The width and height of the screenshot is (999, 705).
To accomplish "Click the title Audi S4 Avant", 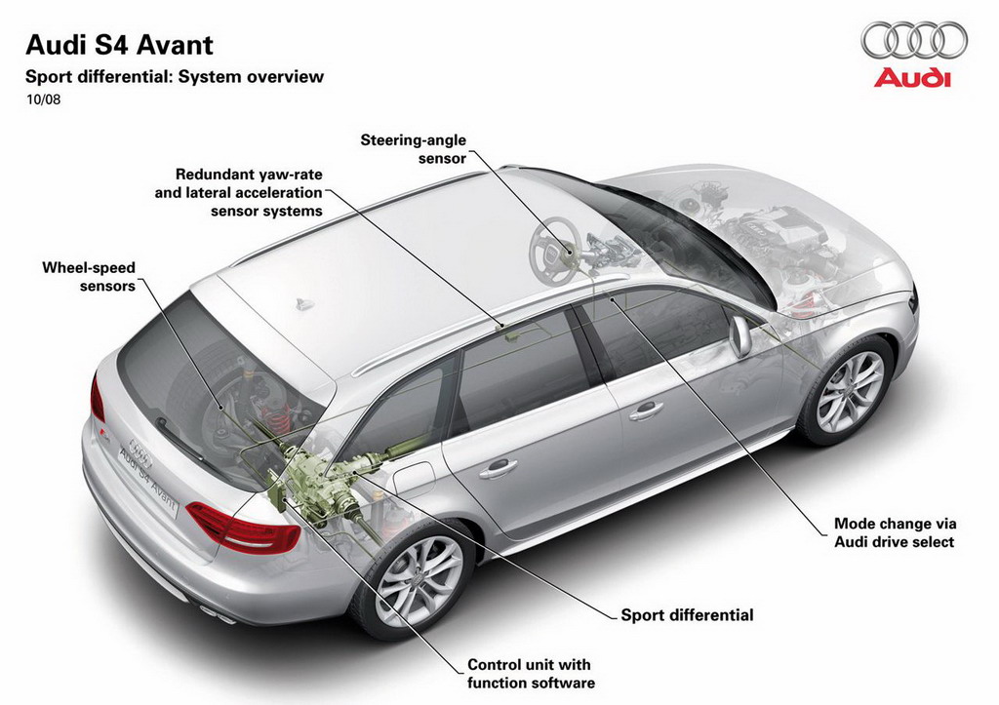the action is pos(119,45).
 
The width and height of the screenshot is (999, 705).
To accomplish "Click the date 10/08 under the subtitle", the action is pos(43,100).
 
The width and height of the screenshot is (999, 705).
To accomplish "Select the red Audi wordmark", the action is pos(912,78).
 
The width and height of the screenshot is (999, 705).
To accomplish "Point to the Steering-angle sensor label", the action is pos(414,149).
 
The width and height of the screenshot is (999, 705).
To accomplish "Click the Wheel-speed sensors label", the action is pos(89,276).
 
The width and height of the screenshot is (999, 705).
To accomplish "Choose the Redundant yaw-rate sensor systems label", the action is pos(239,192).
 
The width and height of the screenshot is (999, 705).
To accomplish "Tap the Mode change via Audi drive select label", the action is pos(896,533).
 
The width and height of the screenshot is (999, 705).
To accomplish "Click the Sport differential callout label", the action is pos(688,615).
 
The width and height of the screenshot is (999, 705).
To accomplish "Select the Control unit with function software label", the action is pos(532,674).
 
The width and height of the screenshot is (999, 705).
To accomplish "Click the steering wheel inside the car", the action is pos(554,249).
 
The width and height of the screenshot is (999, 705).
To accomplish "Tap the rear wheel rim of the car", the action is pos(419,580).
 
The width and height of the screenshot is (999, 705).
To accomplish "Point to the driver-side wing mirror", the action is pos(740,335).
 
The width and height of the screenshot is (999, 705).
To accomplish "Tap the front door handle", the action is pos(646,411).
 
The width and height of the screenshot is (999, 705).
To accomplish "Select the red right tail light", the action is pos(243,527).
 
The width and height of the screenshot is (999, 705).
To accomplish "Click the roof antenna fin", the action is pos(305,303).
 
